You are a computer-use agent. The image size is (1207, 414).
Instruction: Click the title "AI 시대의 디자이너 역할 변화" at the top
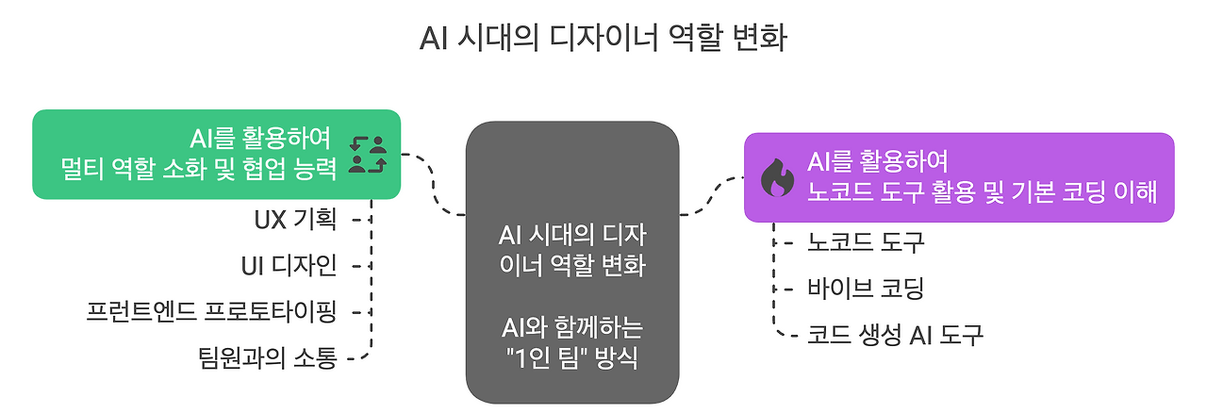tap(603, 41)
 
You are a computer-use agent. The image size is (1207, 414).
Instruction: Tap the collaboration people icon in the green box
tap(368, 155)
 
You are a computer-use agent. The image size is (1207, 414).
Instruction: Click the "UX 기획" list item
tap(294, 219)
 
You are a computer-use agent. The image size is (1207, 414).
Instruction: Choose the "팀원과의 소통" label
tap(267, 356)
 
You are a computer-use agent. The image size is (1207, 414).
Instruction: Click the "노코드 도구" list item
tap(867, 242)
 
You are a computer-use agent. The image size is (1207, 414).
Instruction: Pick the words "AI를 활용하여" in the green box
tap(260, 139)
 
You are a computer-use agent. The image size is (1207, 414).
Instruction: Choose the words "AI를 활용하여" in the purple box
tap(878, 161)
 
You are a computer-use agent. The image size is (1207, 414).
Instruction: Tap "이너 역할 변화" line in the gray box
tap(572, 265)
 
